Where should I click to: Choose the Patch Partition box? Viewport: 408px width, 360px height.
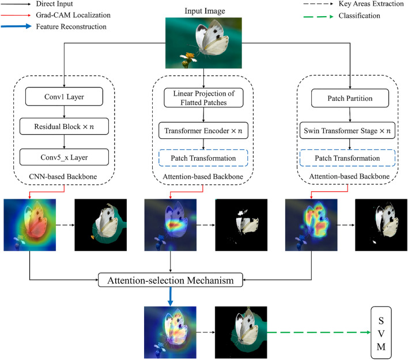(x=350, y=98)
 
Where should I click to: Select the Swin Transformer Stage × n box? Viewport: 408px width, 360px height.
(x=350, y=132)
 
